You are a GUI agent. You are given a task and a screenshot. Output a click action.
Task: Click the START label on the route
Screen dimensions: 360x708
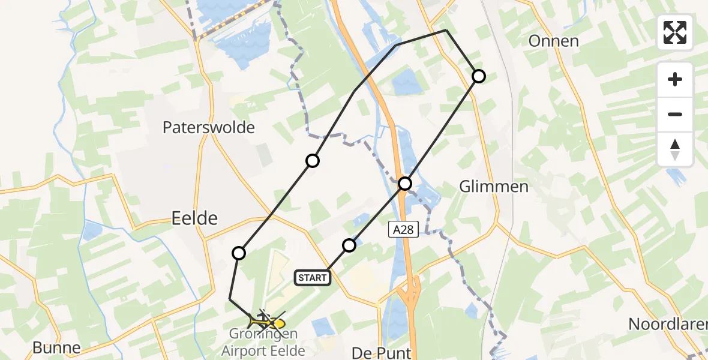coord(313,277)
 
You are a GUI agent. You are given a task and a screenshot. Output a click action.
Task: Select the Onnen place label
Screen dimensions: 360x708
coord(553,41)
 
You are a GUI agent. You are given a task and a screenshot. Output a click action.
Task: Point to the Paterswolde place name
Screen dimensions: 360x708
coord(209,128)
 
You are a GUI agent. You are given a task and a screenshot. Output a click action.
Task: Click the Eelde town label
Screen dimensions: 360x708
coord(194,218)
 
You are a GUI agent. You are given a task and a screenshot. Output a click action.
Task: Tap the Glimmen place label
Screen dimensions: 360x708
coord(494,187)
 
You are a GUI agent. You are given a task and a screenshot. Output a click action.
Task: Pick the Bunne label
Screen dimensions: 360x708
coord(56,348)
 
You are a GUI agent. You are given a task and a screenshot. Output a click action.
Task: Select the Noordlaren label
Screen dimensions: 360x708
coord(666,325)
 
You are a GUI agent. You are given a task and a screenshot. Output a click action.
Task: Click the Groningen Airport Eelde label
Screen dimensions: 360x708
coord(263,343)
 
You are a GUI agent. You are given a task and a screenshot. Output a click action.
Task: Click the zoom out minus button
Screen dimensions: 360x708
coord(675,114)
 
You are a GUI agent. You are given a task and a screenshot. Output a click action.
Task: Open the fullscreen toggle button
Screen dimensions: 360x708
coord(675,32)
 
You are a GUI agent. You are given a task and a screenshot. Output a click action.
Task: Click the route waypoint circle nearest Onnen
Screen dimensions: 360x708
coord(478,76)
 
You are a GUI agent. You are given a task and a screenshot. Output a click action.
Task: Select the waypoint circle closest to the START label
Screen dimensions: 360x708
coord(349,245)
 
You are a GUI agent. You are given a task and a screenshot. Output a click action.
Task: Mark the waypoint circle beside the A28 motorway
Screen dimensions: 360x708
coord(406,183)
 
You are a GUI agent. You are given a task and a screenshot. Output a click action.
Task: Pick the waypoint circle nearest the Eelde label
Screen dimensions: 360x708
coord(239,253)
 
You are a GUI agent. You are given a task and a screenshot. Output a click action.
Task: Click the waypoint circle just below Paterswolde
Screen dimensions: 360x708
coord(312,160)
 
